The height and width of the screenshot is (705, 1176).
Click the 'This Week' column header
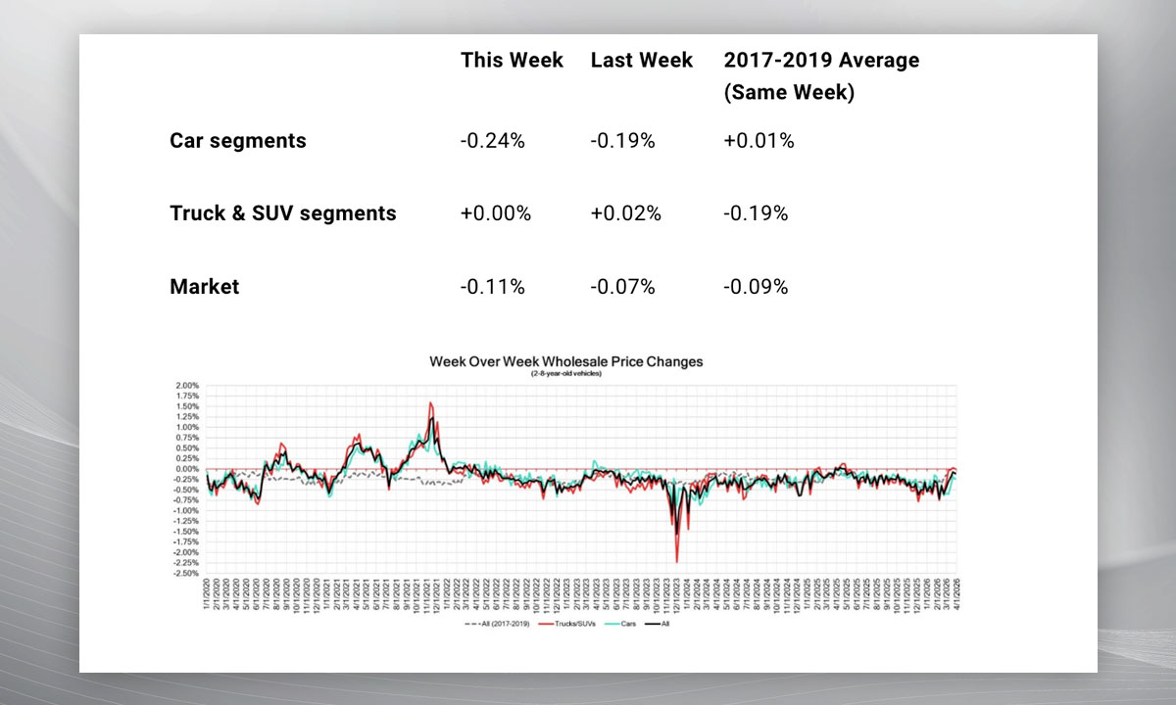(512, 61)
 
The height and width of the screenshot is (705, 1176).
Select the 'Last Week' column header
(641, 61)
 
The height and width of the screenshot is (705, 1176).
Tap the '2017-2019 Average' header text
(821, 61)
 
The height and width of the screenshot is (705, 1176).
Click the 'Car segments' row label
(238, 140)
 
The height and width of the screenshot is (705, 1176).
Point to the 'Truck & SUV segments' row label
(283, 213)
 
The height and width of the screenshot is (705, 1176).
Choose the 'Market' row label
(205, 287)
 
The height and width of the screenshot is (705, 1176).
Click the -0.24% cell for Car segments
(492, 140)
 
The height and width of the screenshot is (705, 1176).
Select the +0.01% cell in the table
(759, 140)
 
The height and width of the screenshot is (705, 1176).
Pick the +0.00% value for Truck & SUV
(495, 213)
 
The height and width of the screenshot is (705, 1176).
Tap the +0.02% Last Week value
(625, 213)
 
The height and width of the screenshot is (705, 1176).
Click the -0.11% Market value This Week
(492, 287)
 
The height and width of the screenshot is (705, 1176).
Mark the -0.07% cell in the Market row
(622, 287)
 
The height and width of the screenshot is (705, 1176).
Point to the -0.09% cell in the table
(756, 287)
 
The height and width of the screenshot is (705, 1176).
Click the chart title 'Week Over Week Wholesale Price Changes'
(565, 361)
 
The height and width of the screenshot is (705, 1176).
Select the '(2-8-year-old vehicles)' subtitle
(565, 373)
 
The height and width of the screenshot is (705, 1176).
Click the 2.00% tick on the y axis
(186, 386)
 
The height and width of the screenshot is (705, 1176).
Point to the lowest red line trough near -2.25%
(677, 561)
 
